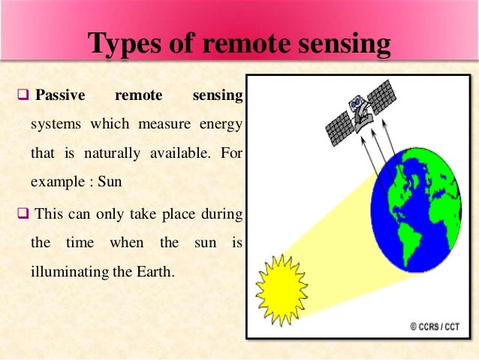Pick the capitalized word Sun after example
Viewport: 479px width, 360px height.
pyautogui.click(x=110, y=182)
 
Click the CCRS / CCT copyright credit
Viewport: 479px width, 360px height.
pyautogui.click(x=438, y=326)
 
